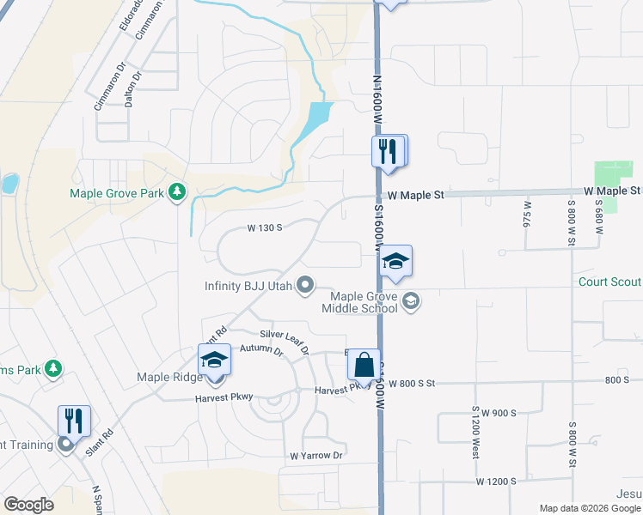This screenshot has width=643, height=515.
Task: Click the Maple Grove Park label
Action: click(x=116, y=193)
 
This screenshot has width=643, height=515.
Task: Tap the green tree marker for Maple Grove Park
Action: click(x=177, y=191)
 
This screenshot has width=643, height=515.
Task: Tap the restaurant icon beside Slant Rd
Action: click(x=74, y=420)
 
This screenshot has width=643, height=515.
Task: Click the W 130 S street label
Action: click(x=266, y=227)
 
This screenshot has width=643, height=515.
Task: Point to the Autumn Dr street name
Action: click(x=261, y=348)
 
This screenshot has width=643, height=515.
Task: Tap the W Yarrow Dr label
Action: click(x=316, y=455)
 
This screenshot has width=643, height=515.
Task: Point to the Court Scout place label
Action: click(x=610, y=282)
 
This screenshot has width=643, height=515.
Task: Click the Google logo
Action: click(x=28, y=505)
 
